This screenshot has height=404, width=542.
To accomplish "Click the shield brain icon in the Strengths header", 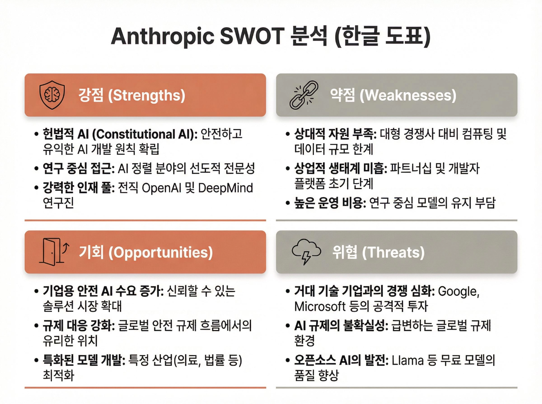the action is (52, 95).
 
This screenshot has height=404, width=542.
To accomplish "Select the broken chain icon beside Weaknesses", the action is (304, 95).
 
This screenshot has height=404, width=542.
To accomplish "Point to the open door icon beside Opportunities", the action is (54, 252).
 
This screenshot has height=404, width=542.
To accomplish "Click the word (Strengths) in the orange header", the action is (147, 95).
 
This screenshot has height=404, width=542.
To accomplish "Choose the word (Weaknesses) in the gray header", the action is (408, 95).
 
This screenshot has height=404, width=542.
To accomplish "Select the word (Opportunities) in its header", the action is (160, 253).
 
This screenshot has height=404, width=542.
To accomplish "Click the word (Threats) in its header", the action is (393, 252).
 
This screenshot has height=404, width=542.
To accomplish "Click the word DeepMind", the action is (226, 188).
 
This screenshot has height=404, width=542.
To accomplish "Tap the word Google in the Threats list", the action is (458, 292).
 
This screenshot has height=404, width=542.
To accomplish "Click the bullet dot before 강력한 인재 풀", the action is (36, 188).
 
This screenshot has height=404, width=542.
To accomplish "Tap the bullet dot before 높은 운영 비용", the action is (288, 203).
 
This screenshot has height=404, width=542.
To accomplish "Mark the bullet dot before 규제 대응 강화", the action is (36, 326).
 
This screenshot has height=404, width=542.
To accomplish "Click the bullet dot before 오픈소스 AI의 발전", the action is (288, 361).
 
